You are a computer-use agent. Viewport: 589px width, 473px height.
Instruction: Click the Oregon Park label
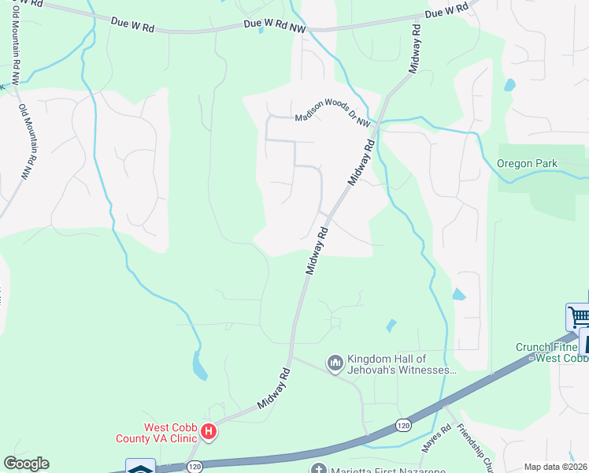click(527, 164)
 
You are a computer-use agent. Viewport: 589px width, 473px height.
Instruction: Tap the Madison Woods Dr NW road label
click(332, 117)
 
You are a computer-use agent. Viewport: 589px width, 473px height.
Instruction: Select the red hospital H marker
click(209, 431)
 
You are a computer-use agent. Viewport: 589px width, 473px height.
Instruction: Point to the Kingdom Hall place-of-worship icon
click(335, 363)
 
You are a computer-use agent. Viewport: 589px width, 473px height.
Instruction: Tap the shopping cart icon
click(578, 317)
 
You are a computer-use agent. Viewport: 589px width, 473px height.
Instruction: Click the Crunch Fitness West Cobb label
click(552, 352)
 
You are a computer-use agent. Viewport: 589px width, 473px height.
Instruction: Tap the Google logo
click(26, 464)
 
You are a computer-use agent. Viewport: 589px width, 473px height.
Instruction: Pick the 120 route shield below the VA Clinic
click(194, 467)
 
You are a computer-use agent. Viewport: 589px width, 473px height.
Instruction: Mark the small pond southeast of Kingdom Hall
click(391, 325)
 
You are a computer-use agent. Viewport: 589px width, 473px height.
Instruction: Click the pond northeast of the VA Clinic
click(199, 365)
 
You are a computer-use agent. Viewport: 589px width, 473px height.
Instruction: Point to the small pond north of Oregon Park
click(509, 84)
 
